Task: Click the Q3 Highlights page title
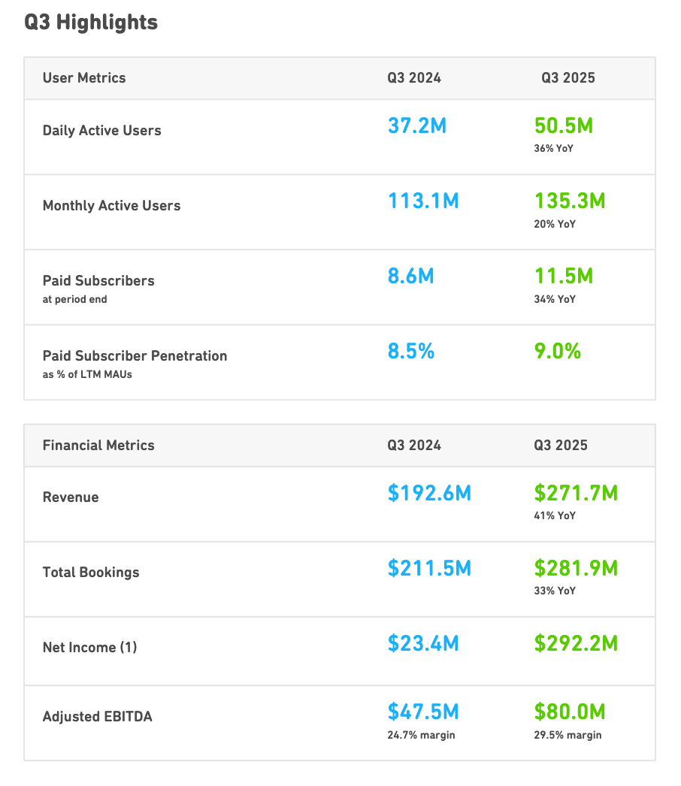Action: pyautogui.click(x=91, y=23)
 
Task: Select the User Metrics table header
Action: pyautogui.click(x=84, y=78)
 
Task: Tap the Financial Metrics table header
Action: pyautogui.click(x=98, y=446)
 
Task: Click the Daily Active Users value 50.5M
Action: pyautogui.click(x=564, y=125)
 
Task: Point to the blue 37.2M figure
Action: pyautogui.click(x=417, y=125)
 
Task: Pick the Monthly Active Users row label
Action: pyautogui.click(x=111, y=206)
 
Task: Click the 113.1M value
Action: pyautogui.click(x=423, y=201)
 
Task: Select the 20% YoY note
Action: pyautogui.click(x=555, y=224)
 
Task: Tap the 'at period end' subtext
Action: pyautogui.click(x=74, y=299)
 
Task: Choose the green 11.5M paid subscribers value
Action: pyautogui.click(x=564, y=276)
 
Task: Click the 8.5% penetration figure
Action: pyautogui.click(x=411, y=351)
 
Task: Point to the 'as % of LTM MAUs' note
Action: pyautogui.click(x=87, y=374)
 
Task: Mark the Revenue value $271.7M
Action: pyautogui.click(x=576, y=493)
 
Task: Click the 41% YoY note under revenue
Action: pyautogui.click(x=555, y=516)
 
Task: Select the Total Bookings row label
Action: pyautogui.click(x=91, y=573)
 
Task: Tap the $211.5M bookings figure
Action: pyautogui.click(x=429, y=568)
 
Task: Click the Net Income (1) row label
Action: pyautogui.click(x=89, y=648)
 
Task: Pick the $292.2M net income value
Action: pyautogui.click(x=576, y=643)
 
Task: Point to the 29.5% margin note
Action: pyautogui.click(x=567, y=735)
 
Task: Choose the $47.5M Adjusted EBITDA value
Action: pyautogui.click(x=423, y=712)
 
